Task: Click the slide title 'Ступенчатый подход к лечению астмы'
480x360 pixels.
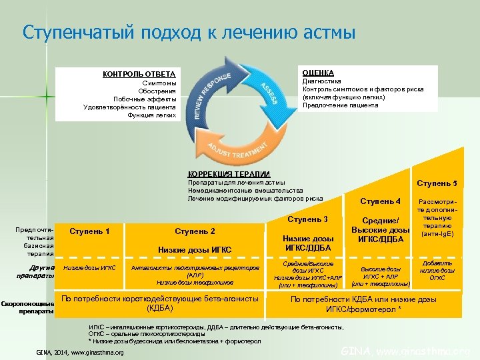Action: click(x=189, y=33)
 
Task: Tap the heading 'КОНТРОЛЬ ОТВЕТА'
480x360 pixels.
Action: click(x=139, y=73)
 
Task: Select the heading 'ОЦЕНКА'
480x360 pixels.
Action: click(x=318, y=72)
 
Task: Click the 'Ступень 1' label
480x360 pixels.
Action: click(x=89, y=231)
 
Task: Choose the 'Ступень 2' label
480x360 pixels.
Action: click(x=195, y=231)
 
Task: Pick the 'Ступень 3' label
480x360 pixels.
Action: click(x=307, y=219)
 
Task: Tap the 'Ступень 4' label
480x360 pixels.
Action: click(x=380, y=201)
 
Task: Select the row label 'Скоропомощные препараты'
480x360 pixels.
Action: click(x=28, y=307)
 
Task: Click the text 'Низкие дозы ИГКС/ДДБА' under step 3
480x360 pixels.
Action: click(x=307, y=243)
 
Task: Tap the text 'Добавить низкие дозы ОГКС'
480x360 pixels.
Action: click(x=438, y=271)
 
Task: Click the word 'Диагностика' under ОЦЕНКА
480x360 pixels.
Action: click(x=321, y=81)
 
